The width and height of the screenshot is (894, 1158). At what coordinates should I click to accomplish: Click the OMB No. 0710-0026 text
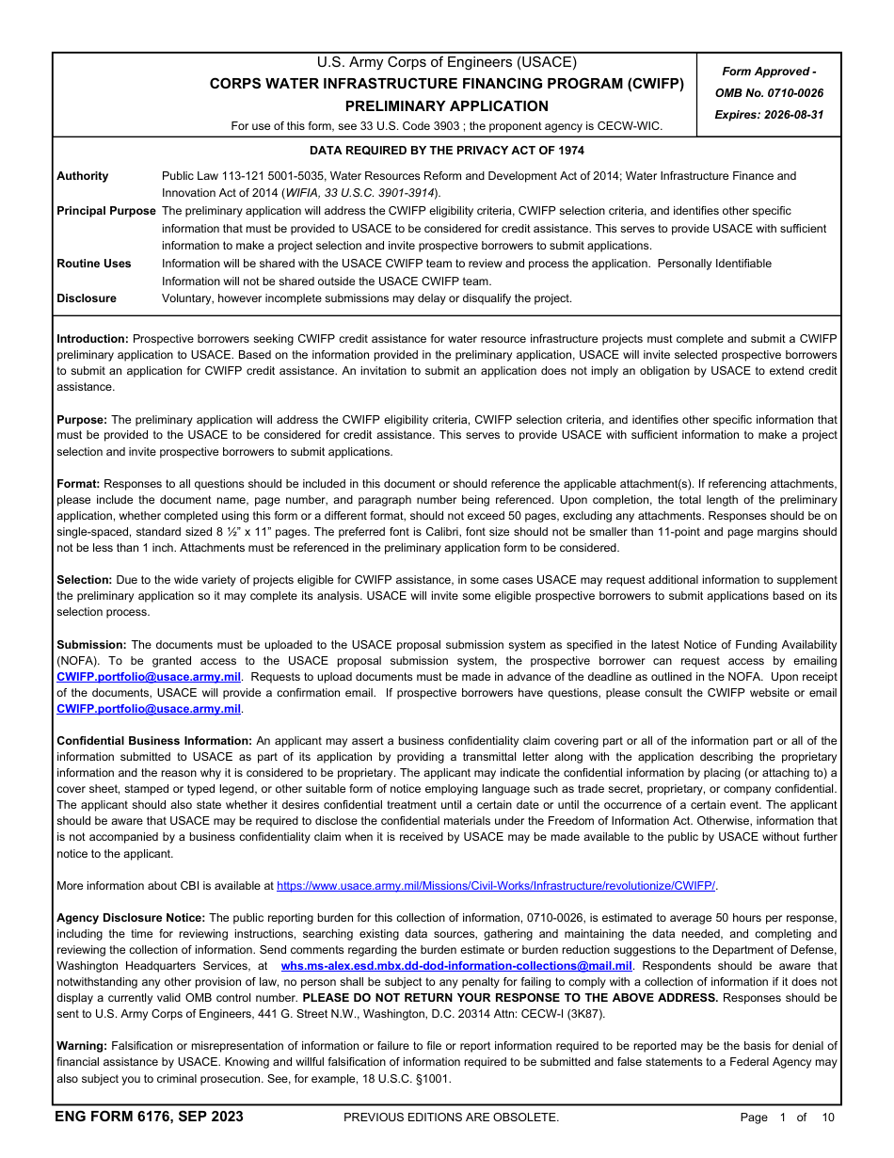769,92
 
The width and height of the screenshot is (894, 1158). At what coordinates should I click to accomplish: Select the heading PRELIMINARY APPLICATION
446,106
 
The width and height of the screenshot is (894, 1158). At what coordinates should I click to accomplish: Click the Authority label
83,176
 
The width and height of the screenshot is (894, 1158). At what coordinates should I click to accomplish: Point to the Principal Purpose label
105,211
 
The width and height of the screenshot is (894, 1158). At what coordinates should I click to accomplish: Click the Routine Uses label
94,264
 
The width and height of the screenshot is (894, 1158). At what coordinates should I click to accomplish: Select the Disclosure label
87,298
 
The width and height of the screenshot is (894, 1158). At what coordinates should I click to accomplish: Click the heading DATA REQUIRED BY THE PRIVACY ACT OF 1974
446,151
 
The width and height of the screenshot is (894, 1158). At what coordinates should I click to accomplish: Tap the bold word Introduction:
92,338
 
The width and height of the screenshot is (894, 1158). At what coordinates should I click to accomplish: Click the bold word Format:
78,483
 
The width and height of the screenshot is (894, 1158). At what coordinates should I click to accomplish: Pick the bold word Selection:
84,580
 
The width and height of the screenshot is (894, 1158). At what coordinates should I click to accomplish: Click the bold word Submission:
90,644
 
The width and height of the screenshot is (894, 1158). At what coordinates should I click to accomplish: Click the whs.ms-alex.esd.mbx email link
456,966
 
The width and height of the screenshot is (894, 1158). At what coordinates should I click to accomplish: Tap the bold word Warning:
82,1046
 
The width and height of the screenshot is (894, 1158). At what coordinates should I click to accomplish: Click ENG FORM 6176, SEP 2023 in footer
149,1118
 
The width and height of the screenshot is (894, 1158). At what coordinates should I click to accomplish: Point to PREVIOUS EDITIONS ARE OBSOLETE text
451,1118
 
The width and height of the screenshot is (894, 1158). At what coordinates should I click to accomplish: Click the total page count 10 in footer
827,1118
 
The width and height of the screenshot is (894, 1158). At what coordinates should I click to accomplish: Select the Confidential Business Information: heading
154,741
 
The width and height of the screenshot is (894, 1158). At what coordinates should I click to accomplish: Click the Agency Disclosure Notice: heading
131,918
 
